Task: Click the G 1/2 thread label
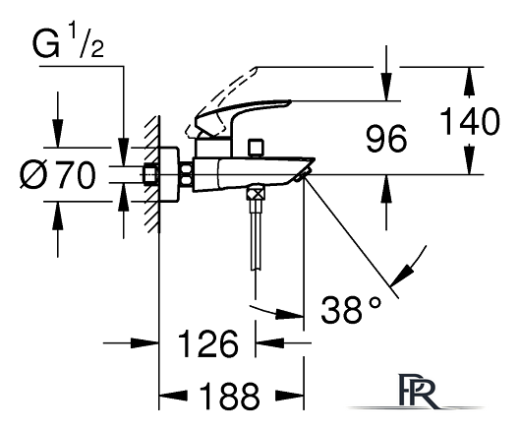pos(68,41)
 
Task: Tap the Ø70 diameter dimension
pos(58,174)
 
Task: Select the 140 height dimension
pos(470,121)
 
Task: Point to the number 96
pos(386,139)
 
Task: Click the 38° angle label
pos(351,309)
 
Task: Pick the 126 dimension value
pos(208,343)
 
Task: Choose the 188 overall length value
pos(229,396)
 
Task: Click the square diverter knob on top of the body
pos(256,147)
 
